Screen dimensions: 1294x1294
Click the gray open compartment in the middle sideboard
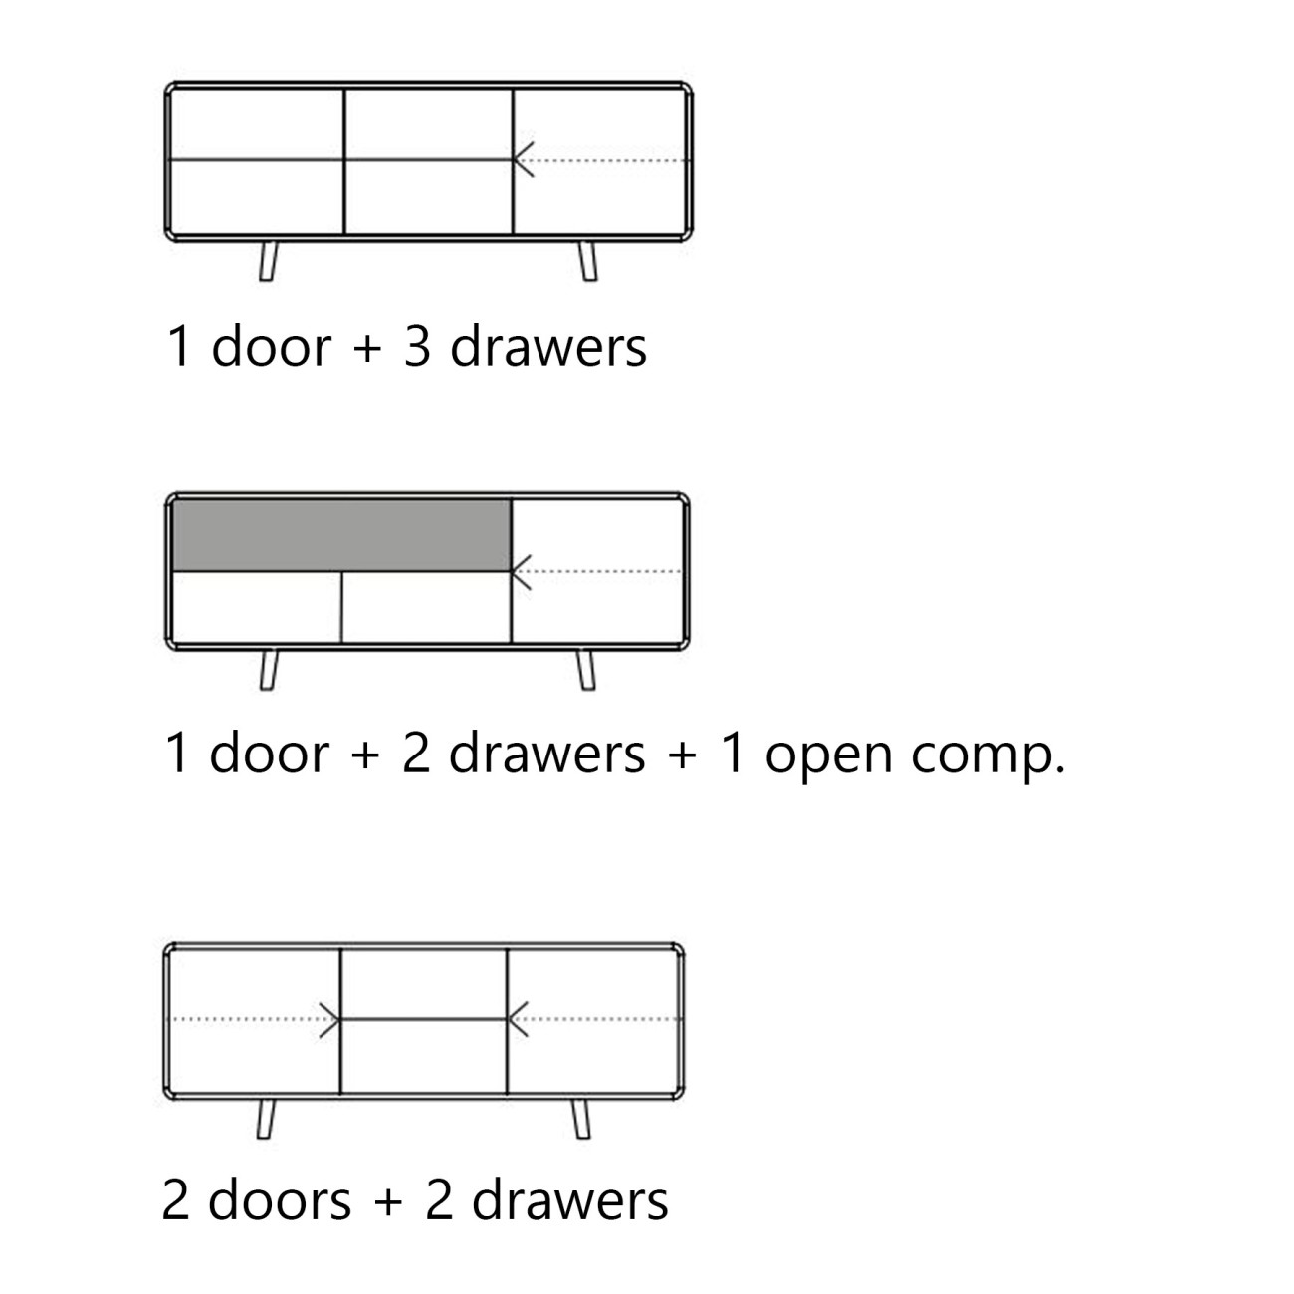(341, 536)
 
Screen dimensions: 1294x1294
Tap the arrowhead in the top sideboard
(524, 160)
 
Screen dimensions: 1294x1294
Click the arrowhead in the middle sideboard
(522, 572)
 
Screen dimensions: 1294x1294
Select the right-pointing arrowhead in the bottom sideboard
(329, 1020)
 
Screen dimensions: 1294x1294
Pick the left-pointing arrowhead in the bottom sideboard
(518, 1019)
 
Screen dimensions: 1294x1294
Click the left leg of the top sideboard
(268, 261)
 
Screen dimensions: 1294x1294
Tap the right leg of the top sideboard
(588, 261)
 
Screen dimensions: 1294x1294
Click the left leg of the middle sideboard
(269, 670)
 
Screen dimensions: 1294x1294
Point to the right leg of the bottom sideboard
(581, 1120)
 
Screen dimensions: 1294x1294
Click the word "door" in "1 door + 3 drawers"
(272, 346)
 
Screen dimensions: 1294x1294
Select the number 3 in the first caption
(417, 347)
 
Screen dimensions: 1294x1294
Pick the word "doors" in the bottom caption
(280, 1200)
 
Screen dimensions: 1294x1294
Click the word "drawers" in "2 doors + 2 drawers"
(570, 1200)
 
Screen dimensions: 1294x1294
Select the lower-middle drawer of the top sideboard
(428, 197)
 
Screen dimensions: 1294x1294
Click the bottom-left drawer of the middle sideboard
(257, 607)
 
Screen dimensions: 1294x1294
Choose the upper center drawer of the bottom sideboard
(424, 984)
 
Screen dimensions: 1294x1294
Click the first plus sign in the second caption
(366, 755)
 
